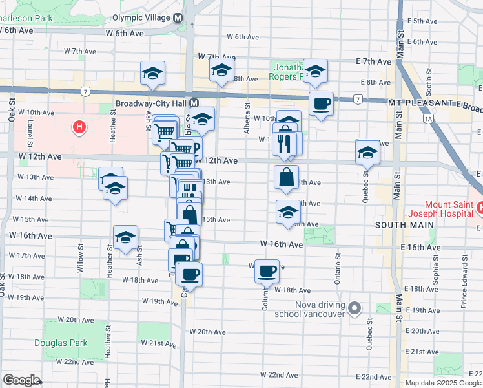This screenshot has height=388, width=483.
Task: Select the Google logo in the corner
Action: [21, 380]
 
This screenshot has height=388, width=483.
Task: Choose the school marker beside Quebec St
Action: [367, 153]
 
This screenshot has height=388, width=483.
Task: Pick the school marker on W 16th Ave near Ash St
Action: [126, 237]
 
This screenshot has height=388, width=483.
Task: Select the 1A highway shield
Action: [428, 118]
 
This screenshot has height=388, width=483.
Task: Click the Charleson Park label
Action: [26, 18]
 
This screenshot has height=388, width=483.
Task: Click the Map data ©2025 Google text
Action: [442, 383]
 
